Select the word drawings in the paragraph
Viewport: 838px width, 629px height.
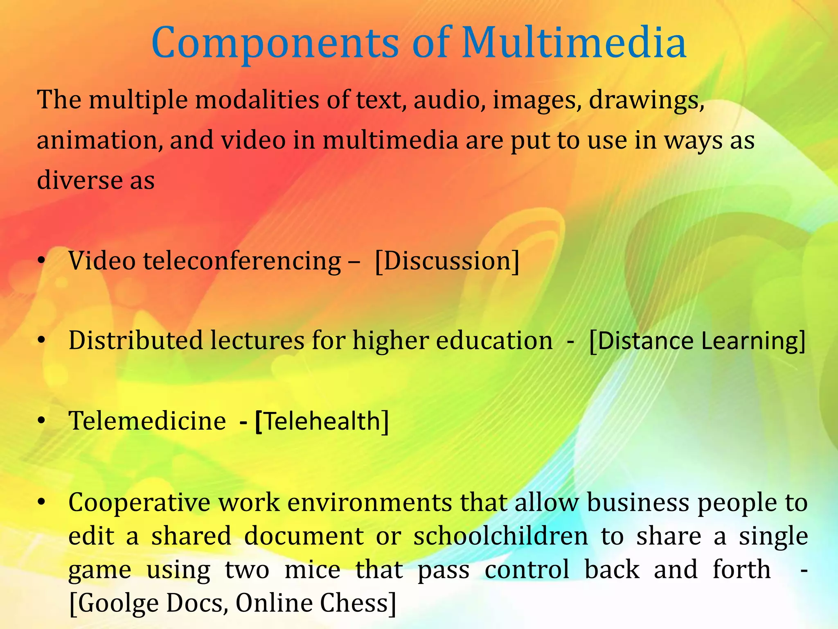click(x=646, y=100)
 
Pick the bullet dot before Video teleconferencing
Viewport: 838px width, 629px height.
click(x=41, y=261)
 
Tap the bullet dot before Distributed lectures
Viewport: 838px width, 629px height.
click(x=41, y=341)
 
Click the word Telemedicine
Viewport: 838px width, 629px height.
click(x=147, y=421)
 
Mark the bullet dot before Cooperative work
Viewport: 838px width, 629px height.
click(x=41, y=502)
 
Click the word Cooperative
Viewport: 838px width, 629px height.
click(x=139, y=502)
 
